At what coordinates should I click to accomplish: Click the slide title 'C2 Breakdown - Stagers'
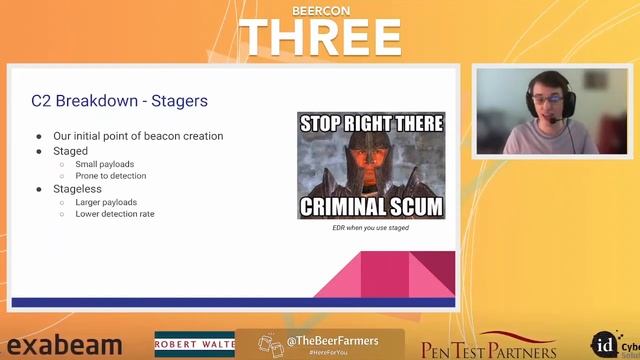click(119, 102)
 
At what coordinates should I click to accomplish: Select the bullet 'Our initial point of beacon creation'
click(138, 136)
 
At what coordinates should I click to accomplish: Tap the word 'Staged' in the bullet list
click(70, 151)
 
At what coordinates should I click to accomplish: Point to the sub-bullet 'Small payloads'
click(104, 164)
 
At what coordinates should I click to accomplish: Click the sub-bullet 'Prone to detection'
click(110, 176)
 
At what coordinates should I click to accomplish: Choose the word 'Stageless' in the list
click(77, 189)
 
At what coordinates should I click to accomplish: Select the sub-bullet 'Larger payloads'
click(106, 202)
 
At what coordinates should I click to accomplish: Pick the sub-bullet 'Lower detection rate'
click(114, 214)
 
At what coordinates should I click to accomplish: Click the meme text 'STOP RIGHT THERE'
click(371, 125)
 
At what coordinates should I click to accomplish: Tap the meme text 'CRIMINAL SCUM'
click(371, 207)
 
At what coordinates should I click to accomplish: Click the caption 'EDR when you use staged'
click(371, 228)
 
